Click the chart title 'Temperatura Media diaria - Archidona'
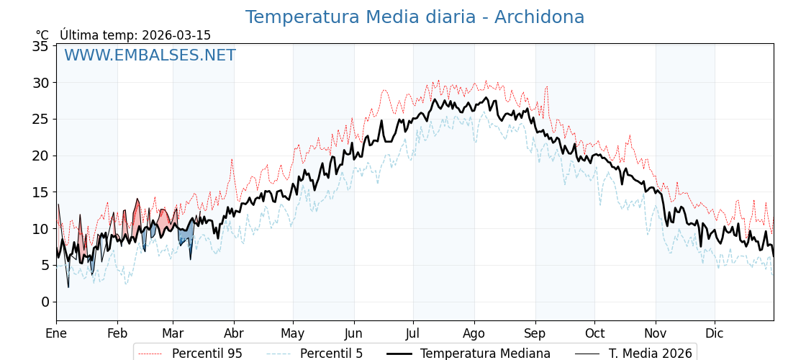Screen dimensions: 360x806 point(415,17)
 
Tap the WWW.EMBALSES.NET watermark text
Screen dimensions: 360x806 point(150,55)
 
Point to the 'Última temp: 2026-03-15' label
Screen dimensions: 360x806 point(135,35)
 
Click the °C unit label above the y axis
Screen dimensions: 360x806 point(42,35)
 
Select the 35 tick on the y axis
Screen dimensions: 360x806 point(40,46)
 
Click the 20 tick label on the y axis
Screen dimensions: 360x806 point(40,156)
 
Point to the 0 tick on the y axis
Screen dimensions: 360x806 point(45,302)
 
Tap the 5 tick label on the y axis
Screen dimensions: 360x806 point(45,265)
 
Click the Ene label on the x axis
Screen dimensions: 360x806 point(56,333)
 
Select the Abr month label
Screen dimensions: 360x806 point(234,333)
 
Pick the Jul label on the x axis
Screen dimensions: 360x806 point(413,333)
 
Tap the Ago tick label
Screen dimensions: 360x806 point(474,333)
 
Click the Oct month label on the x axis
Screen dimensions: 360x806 point(594,333)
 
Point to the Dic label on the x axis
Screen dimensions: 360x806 point(715,333)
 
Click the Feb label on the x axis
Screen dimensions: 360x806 point(117,333)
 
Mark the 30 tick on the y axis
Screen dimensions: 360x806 point(40,83)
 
